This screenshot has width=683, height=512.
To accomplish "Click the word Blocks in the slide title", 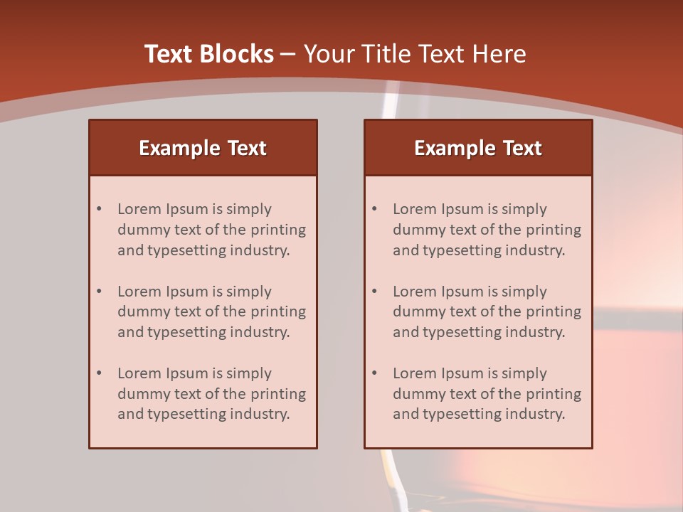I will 236,54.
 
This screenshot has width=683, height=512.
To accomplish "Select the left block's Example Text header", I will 203,148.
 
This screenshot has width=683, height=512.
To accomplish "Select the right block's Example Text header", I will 478,148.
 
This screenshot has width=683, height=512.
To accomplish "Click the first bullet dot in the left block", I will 99,209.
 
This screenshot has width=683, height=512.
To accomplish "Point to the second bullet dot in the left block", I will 99,292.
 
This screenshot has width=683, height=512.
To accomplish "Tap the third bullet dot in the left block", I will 99,373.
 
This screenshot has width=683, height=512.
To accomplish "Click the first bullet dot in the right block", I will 374,209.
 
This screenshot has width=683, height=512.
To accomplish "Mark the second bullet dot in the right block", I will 374,292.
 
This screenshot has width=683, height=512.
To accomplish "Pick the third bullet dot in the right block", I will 374,373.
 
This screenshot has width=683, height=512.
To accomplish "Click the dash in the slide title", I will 288,54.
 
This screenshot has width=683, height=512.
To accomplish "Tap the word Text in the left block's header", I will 246,148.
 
